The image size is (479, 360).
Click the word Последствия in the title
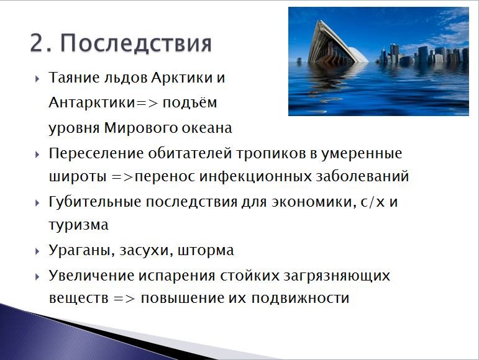tap(135, 43)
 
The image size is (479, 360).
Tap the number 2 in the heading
tap(37, 43)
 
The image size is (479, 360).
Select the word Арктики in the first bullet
tap(182, 78)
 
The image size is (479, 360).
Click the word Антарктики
tap(92, 102)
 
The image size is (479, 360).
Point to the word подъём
tap(189, 102)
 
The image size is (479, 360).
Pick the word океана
tap(207, 128)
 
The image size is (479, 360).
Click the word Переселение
tap(96, 153)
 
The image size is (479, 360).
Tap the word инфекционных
tap(255, 176)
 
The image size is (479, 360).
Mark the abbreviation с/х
tap(373, 202)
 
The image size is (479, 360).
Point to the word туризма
tap(78, 225)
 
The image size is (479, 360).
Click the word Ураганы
tap(81, 251)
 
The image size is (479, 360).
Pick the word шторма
tap(206, 251)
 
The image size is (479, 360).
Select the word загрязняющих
tap(337, 276)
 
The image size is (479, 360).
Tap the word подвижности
tap(300, 299)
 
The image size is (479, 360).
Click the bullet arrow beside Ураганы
tap(37, 251)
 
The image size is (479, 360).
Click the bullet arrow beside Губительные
tap(37, 203)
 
